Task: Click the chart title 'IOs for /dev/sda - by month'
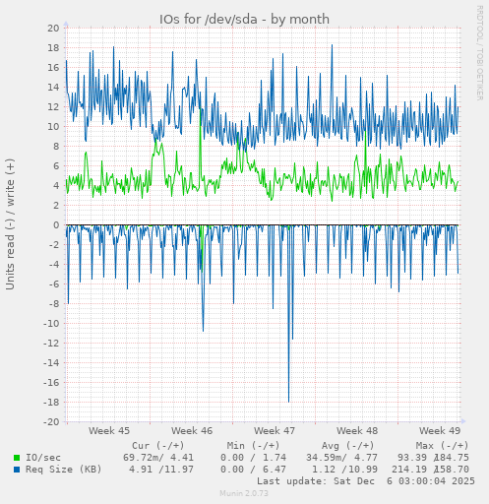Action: [244, 20]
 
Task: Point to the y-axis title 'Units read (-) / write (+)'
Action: [11, 224]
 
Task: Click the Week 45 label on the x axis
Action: [108, 431]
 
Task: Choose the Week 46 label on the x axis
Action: [191, 431]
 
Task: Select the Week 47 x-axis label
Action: [274, 431]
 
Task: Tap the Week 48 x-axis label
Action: [356, 431]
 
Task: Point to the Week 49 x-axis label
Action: [439, 431]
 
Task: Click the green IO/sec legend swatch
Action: [17, 458]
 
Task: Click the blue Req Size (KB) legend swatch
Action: [17, 470]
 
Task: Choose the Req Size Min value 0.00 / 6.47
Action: [254, 470]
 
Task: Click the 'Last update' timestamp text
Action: [365, 481]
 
